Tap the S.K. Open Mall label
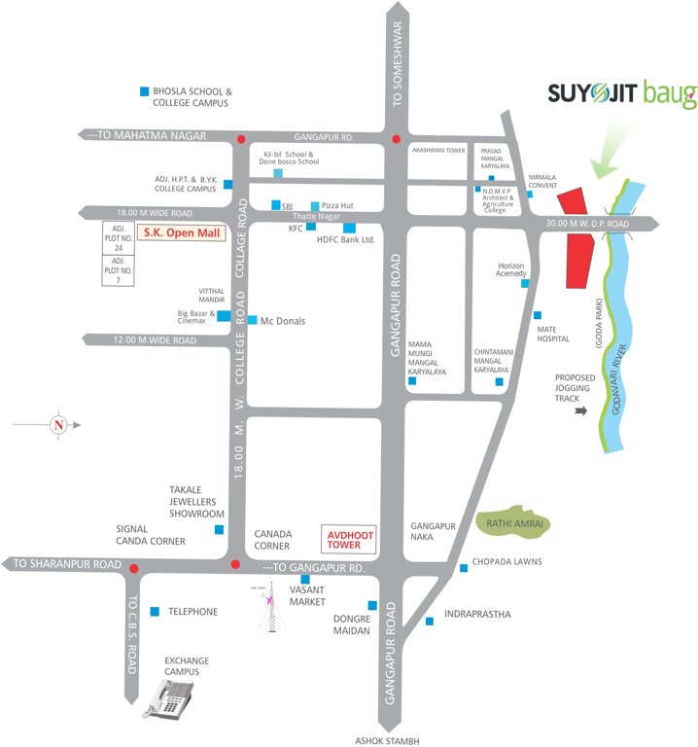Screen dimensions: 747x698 [x=180, y=233]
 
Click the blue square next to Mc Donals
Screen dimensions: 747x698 [x=253, y=320]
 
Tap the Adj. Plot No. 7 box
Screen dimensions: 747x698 [x=118, y=271]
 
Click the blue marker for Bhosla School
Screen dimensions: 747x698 [x=144, y=91]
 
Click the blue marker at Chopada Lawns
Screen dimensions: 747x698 [x=462, y=567]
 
